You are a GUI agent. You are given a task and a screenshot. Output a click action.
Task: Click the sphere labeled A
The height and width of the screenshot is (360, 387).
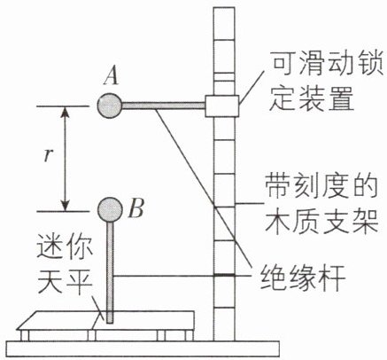pyautogui.click(x=110, y=106)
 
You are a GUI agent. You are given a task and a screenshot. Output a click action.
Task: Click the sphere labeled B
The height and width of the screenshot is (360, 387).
pyautogui.click(x=110, y=209)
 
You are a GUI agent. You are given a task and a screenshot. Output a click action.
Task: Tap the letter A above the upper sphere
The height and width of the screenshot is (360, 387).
pyautogui.click(x=111, y=75)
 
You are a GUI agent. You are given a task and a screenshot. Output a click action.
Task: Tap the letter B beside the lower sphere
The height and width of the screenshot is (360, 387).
pyautogui.click(x=136, y=208)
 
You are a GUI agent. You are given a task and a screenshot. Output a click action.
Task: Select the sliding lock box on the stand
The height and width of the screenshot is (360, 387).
pyautogui.click(x=222, y=106)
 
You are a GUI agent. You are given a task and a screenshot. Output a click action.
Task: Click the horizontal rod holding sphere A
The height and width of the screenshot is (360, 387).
pyautogui.click(x=164, y=106)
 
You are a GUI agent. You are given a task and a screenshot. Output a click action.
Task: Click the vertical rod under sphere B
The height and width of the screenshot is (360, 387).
pyautogui.click(x=110, y=272)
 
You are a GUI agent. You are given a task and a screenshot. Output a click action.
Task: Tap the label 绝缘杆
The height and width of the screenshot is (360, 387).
pyautogui.click(x=303, y=278)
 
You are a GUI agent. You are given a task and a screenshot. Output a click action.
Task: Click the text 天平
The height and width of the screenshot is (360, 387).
pyautogui.click(x=65, y=282)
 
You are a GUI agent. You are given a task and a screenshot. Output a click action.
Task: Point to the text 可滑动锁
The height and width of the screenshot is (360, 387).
pyautogui.click(x=327, y=63)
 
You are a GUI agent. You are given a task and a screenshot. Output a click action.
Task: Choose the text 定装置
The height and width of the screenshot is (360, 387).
pyautogui.click(x=312, y=98)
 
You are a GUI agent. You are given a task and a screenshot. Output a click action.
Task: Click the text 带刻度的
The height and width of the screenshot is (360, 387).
pyautogui.click(x=321, y=186)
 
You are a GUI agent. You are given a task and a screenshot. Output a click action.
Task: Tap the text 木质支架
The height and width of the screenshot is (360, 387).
pyautogui.click(x=321, y=221)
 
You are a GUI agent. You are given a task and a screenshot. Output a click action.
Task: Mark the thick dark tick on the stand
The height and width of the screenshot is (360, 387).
pyautogui.click(x=224, y=276)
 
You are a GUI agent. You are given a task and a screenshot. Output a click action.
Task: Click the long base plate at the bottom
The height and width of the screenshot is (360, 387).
pyautogui.click(x=143, y=348)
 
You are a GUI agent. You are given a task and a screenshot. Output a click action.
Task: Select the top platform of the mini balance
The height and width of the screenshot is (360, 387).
pyautogui.click(x=105, y=320)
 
